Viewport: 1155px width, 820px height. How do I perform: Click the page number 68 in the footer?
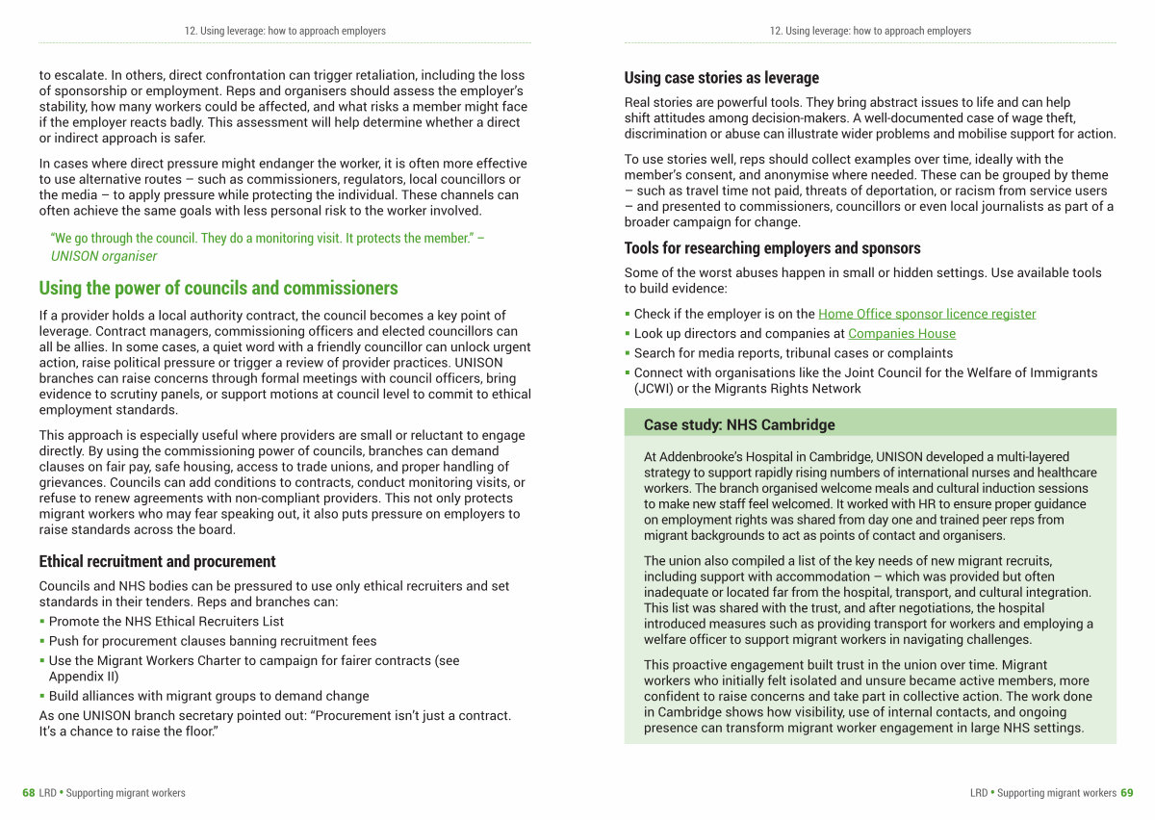[x=29, y=793]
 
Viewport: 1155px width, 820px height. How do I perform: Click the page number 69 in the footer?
[x=1127, y=793]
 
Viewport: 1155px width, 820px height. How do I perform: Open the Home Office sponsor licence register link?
[x=927, y=314]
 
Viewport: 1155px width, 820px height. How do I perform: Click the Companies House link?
[x=902, y=333]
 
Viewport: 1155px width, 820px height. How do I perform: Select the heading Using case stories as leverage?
[x=722, y=78]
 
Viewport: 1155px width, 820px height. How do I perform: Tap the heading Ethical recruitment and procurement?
[x=157, y=561]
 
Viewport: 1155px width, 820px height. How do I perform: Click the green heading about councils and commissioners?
[x=218, y=288]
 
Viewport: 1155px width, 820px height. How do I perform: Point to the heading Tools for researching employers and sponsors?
[x=772, y=248]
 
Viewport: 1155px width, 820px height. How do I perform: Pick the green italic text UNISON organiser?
[x=104, y=256]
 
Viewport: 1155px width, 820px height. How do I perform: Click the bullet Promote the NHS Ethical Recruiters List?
[x=167, y=621]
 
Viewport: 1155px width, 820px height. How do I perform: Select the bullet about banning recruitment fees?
[x=213, y=640]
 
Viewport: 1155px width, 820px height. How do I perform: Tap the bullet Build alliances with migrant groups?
[x=209, y=696]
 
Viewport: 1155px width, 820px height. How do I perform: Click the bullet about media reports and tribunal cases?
[x=793, y=353]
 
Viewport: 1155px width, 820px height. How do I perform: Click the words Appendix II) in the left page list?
[x=85, y=677]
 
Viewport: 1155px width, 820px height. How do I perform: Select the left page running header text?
[x=285, y=31]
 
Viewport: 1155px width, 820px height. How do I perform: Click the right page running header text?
[x=870, y=31]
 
